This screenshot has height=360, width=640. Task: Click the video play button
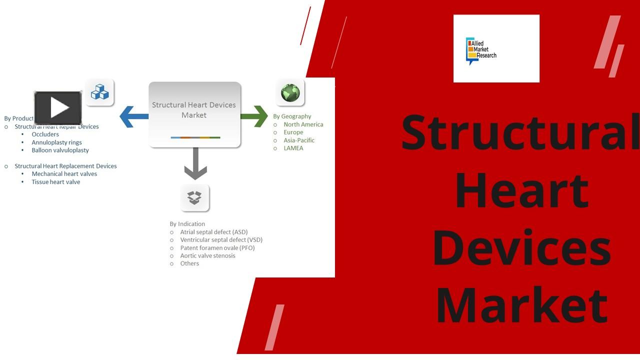pyautogui.click(x=58, y=108)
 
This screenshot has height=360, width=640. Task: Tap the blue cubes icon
pyautogui.click(x=99, y=92)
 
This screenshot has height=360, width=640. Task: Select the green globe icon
pyautogui.click(x=290, y=92)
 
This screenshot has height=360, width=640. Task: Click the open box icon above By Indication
pyautogui.click(x=194, y=198)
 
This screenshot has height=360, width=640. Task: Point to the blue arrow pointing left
pyautogui.click(x=133, y=116)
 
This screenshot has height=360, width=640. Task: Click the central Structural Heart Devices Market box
pyautogui.click(x=194, y=114)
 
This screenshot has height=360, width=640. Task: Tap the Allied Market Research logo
pyautogui.click(x=496, y=48)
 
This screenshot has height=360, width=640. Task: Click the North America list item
pyautogui.click(x=303, y=124)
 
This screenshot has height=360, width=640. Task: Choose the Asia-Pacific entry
pyautogui.click(x=299, y=140)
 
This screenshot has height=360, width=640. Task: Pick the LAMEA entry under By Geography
pyautogui.click(x=293, y=148)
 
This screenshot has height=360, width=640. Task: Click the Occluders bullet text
pyautogui.click(x=45, y=134)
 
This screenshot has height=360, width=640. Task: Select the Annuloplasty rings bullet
pyautogui.click(x=56, y=142)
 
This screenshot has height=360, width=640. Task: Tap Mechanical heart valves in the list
pyautogui.click(x=64, y=174)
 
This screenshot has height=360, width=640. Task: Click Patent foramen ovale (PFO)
pyautogui.click(x=217, y=248)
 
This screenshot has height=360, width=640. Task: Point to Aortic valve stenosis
pyautogui.click(x=207, y=256)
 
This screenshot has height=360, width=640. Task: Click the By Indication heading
pyautogui.click(x=187, y=224)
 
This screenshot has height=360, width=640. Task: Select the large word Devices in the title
pyautogui.click(x=521, y=246)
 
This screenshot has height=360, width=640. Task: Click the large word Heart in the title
pyautogui.click(x=521, y=190)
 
